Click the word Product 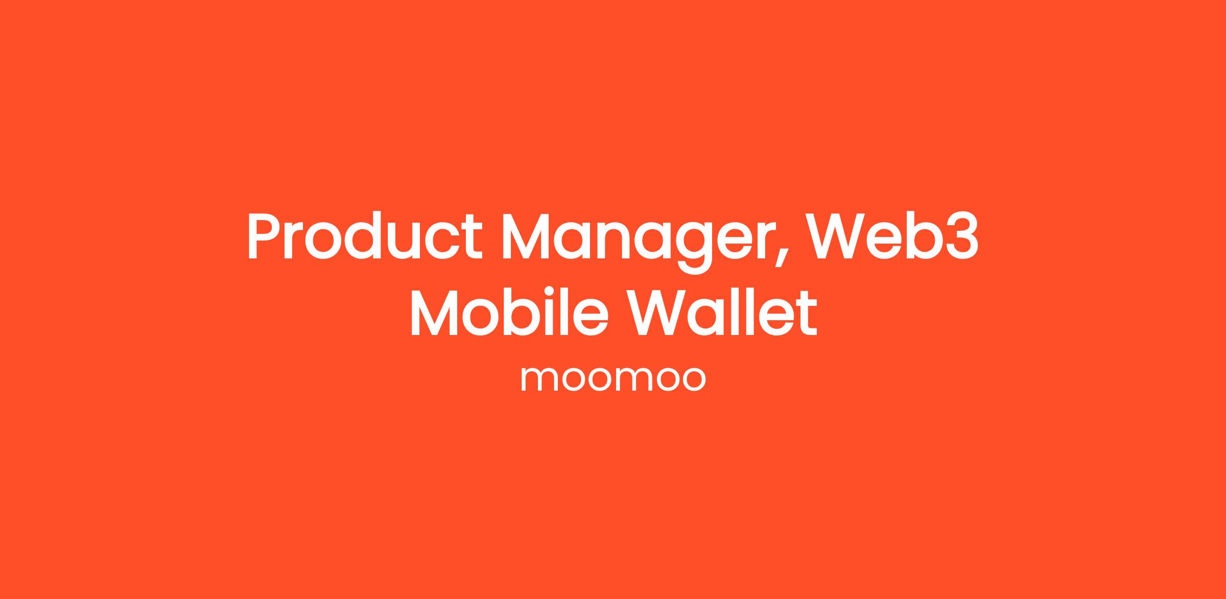click(x=365, y=235)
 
